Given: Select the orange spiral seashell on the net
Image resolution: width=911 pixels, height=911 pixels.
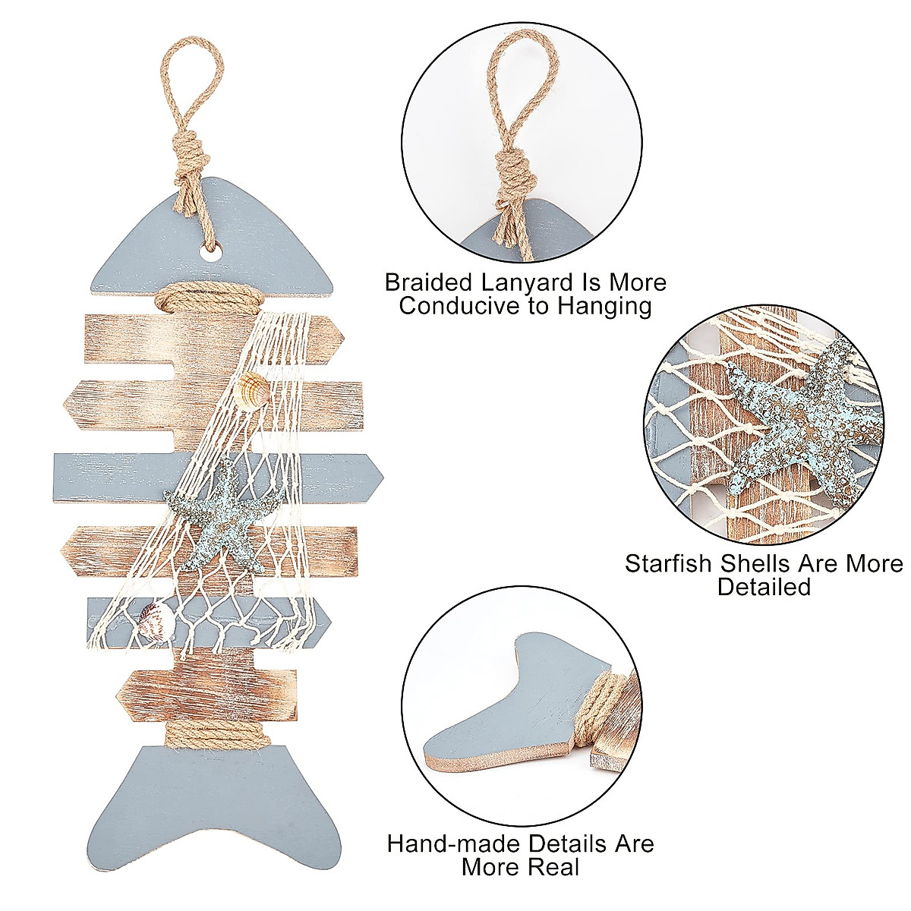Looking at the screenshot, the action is point(252,392).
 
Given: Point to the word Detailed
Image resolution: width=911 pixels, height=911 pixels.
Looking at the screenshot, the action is point(764,587).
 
